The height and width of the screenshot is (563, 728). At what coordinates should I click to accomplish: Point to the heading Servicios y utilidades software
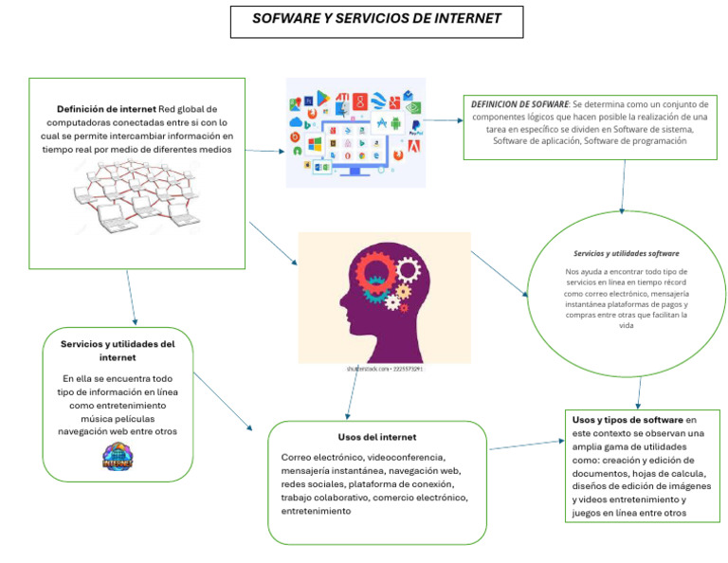pyautogui.click(x=626, y=254)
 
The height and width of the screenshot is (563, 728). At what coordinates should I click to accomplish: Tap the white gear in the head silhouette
pyautogui.click(x=408, y=270)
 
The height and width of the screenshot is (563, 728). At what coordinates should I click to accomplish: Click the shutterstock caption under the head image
pyautogui.click(x=384, y=369)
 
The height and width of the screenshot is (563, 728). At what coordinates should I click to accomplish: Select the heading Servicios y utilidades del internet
pyautogui.click(x=118, y=351)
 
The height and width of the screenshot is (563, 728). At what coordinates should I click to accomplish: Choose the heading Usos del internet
pyautogui.click(x=376, y=437)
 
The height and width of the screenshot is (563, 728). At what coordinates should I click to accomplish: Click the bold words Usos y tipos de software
pyautogui.click(x=628, y=420)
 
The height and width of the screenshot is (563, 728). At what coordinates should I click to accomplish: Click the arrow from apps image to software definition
pyautogui.click(x=441, y=120)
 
